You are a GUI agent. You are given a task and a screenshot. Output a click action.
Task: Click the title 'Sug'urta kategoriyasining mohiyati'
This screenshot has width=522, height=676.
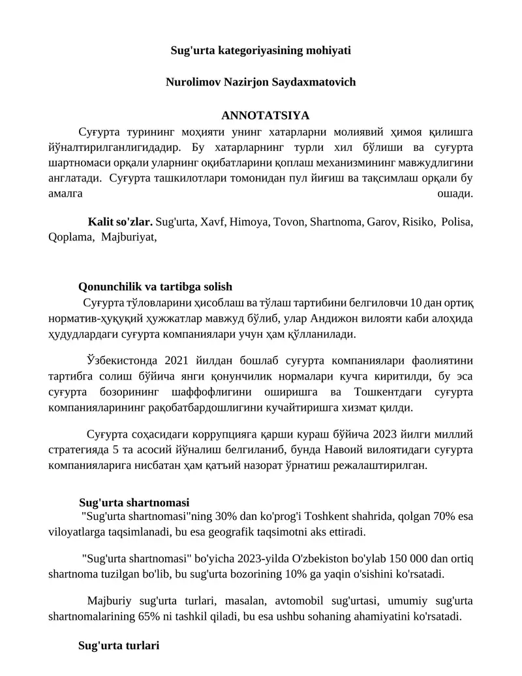261,50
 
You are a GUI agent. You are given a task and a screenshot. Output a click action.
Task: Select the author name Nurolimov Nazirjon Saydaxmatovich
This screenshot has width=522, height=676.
261,83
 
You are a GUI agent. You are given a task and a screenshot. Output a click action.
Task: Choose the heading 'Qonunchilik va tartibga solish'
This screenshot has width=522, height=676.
155,287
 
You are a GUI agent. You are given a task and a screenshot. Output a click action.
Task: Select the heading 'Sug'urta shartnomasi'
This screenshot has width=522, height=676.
134,502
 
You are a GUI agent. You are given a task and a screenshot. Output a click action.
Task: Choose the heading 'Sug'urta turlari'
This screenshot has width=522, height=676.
119,645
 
